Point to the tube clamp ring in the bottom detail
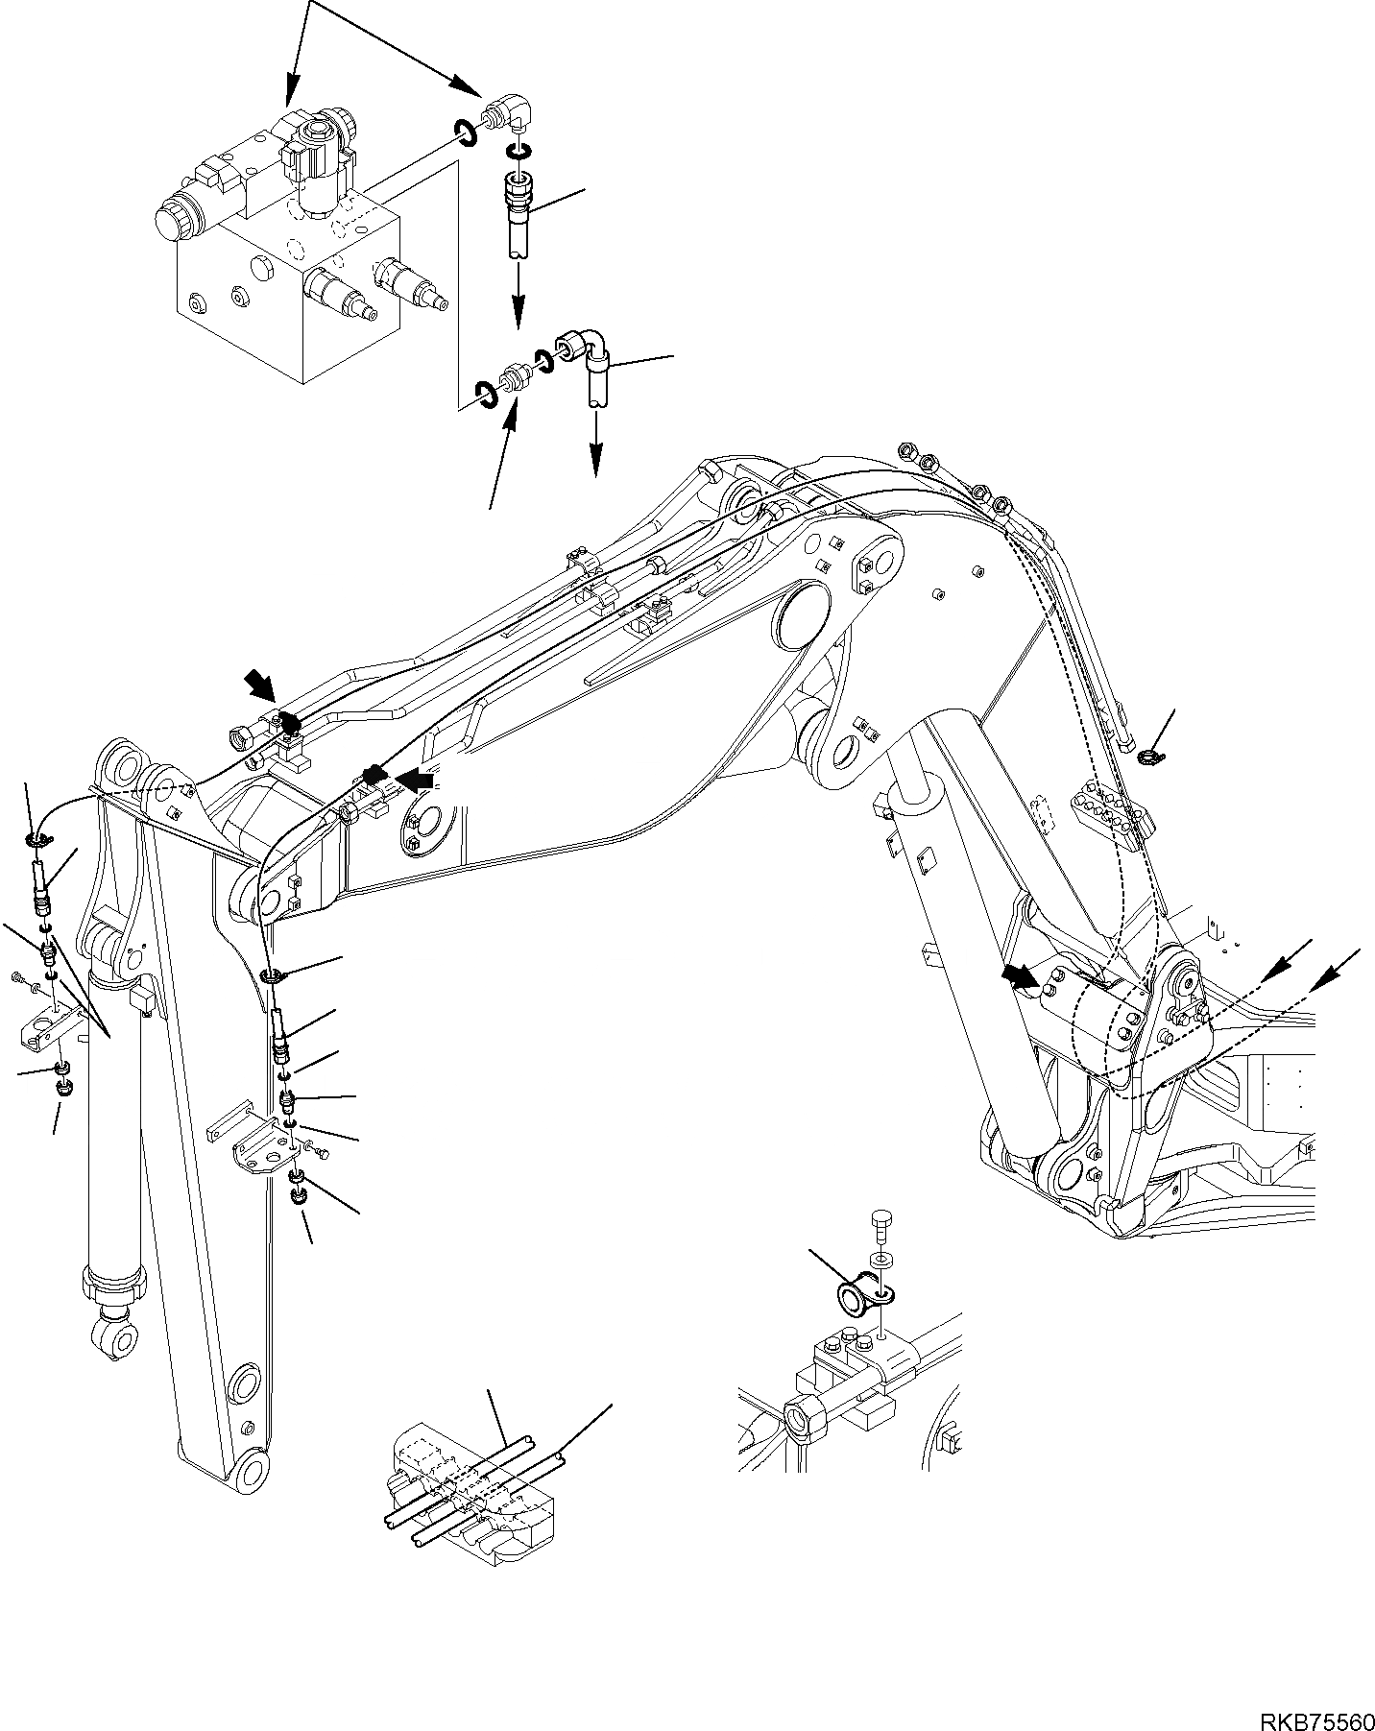click(x=852, y=1298)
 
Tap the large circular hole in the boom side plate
click(x=799, y=617)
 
